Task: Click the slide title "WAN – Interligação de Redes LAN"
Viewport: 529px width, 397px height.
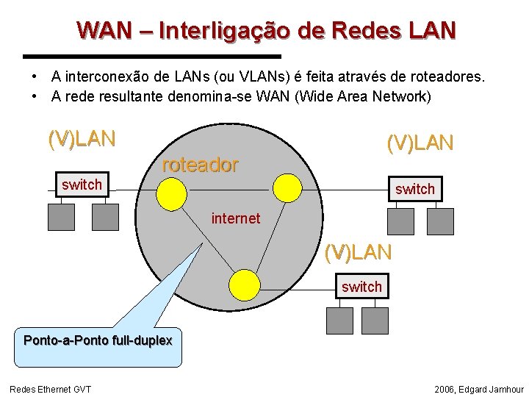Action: click(x=267, y=31)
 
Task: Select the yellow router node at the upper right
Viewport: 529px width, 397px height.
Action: click(x=287, y=187)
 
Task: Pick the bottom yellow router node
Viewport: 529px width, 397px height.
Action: click(x=245, y=285)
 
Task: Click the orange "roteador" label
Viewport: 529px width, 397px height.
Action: click(x=200, y=165)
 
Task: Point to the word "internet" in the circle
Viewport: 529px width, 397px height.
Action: click(x=236, y=218)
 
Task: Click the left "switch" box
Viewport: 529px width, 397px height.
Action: click(x=82, y=185)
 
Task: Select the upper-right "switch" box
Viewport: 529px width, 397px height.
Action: click(x=414, y=189)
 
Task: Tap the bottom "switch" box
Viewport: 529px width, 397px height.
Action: click(x=361, y=287)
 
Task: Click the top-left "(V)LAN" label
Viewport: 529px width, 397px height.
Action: click(x=82, y=138)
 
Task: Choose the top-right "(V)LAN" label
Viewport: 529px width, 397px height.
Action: click(x=420, y=143)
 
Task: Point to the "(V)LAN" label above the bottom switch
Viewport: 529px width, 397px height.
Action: click(x=359, y=253)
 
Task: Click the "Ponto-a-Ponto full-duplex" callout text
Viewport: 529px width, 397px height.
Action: click(x=98, y=340)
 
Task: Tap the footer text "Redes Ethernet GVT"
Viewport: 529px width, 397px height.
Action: click(x=50, y=389)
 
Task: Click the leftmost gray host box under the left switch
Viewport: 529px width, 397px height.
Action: click(x=61, y=215)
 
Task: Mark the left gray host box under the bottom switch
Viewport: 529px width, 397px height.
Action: click(x=339, y=320)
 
